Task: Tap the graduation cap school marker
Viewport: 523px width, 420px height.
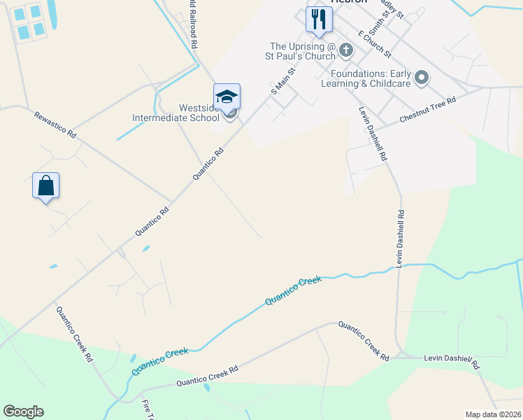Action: pyautogui.click(x=227, y=97)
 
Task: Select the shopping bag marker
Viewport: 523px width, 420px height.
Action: pyautogui.click(x=45, y=186)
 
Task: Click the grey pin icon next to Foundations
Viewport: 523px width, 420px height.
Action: pyautogui.click(x=421, y=77)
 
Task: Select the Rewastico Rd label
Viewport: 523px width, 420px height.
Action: pyautogui.click(x=55, y=122)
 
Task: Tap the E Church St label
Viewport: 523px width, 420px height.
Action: pyautogui.click(x=373, y=43)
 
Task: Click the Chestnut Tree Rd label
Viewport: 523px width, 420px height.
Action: pyautogui.click(x=427, y=111)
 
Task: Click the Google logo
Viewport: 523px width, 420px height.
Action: pyautogui.click(x=23, y=412)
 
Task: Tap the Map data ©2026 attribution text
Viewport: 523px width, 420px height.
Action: pyautogui.click(x=492, y=414)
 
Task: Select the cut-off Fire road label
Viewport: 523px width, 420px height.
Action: pyautogui.click(x=148, y=409)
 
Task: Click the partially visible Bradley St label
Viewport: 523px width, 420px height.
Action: pyautogui.click(x=392, y=8)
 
